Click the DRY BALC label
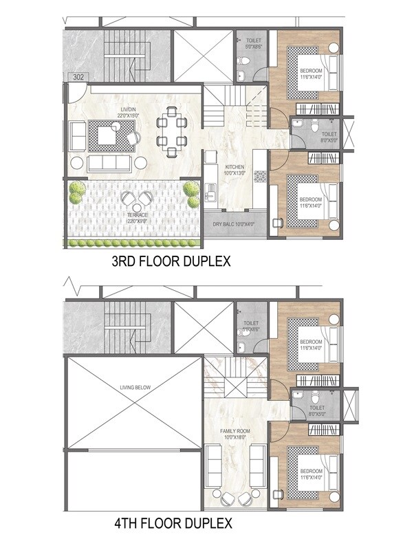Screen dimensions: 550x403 [234, 224]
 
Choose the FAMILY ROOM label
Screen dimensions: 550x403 [234, 434]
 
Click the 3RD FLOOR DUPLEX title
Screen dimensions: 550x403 [171, 262]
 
